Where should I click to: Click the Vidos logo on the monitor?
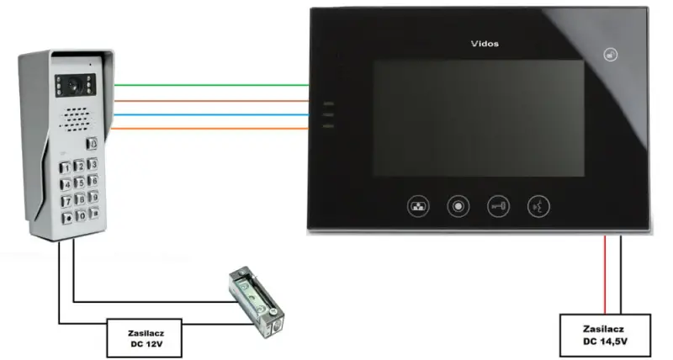(x=485, y=44)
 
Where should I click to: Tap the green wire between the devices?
(x=211, y=85)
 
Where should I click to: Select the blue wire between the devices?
(x=211, y=114)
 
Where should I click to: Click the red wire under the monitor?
(x=605, y=274)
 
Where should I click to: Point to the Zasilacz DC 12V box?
(x=144, y=338)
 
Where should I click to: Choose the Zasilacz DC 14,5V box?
(x=605, y=335)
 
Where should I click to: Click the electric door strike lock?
(x=257, y=303)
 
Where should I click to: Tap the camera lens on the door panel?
(x=76, y=86)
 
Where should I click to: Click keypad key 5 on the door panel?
(x=79, y=183)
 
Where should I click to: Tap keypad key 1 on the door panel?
(x=65, y=167)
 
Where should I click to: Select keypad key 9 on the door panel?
(x=93, y=197)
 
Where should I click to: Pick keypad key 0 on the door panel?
(x=80, y=215)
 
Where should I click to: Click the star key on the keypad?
(x=67, y=218)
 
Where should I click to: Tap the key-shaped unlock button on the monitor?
(x=498, y=206)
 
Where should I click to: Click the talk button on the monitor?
(x=538, y=206)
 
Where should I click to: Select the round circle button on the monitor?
(x=458, y=206)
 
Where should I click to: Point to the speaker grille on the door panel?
(x=77, y=119)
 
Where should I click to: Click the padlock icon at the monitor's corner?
(x=611, y=55)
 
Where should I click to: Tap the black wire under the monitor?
(x=621, y=274)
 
